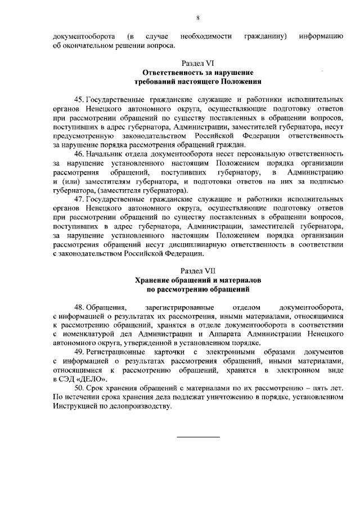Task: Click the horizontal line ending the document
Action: click(x=198, y=437)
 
